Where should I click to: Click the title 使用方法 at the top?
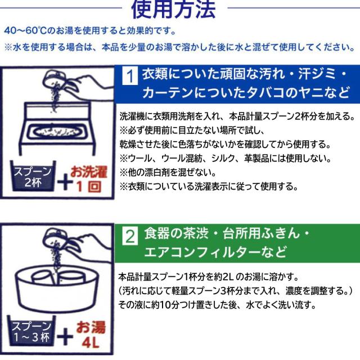point(173,9)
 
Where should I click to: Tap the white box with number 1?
point(130,75)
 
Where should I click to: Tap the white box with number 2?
point(130,236)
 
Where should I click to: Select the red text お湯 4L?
point(91,334)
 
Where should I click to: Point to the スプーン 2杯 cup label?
point(33,176)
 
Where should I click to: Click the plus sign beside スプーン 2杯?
point(65,182)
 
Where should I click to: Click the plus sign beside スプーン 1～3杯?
point(65,336)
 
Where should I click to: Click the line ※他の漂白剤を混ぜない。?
point(168,173)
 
